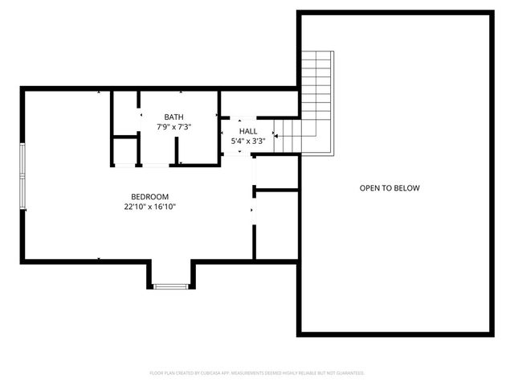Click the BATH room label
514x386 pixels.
tap(173, 117)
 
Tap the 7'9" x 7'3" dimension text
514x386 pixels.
tap(173, 127)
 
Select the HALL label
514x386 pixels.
tap(248, 131)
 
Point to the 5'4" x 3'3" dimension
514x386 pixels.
tap(248, 141)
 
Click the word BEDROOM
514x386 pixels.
tap(150, 197)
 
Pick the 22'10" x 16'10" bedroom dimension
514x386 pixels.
tap(150, 207)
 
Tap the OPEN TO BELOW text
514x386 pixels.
tap(390, 188)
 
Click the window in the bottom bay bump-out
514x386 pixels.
tap(169, 285)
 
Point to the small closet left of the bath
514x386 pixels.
tap(124, 151)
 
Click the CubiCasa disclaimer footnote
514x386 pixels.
tap(257, 373)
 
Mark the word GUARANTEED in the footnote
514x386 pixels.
tap(348, 373)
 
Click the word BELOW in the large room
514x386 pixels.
tap(407, 188)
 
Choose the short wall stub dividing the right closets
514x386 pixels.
tap(275, 190)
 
